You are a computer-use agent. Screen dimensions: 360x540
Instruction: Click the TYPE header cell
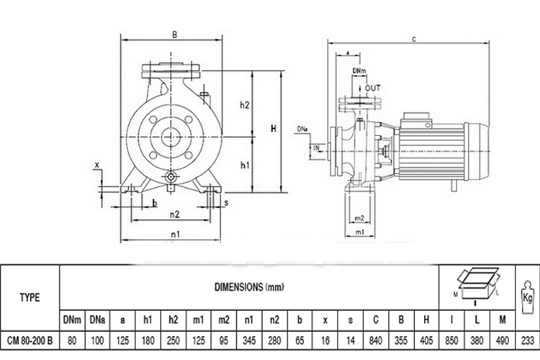coord(30,297)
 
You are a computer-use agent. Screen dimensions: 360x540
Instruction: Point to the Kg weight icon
coord(527,295)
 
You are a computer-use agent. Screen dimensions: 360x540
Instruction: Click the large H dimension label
coord(274,129)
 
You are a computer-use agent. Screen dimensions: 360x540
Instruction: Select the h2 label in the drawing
coord(244,104)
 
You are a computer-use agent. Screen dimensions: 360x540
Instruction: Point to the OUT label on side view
coord(372,88)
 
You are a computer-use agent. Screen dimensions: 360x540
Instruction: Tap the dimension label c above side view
coord(415,38)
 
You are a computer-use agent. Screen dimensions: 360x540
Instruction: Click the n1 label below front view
coord(174,234)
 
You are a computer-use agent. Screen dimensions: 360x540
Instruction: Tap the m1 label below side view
coord(359,233)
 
